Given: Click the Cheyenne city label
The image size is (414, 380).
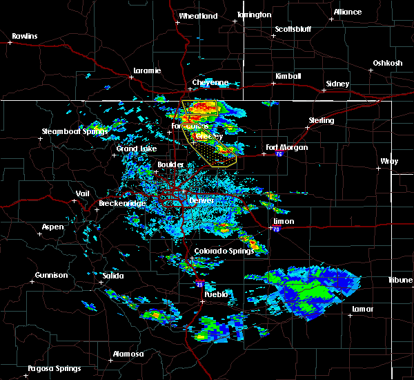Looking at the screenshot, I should (210, 82).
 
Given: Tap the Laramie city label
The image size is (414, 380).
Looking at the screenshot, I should (147, 70).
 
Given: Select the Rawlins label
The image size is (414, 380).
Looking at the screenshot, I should (25, 36).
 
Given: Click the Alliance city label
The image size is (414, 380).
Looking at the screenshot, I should (347, 12).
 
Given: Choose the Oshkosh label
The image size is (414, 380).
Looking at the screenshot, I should (387, 63).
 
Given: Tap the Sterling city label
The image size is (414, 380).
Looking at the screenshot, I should (322, 120).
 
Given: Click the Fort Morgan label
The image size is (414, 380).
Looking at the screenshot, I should (287, 147).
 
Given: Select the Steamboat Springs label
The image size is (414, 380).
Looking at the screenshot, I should (75, 131).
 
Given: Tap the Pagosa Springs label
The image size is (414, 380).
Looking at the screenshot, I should (54, 368).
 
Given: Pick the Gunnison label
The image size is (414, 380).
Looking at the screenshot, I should (52, 275).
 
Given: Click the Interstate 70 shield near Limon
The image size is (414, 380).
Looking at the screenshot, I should (276, 229).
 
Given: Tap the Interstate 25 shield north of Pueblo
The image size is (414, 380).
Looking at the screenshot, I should (199, 283).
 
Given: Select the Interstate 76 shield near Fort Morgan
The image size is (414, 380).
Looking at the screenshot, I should (279, 155).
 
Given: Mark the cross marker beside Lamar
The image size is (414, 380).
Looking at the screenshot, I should (351, 315).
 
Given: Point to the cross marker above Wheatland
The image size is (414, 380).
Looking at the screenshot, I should (177, 22).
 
